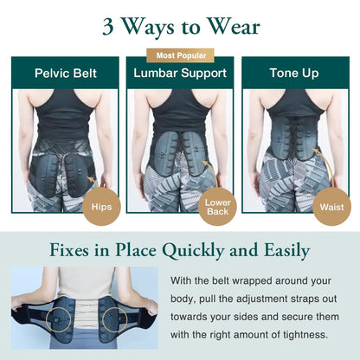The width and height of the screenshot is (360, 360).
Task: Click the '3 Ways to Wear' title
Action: (180, 26)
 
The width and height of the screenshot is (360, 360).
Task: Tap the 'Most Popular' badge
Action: (179, 55)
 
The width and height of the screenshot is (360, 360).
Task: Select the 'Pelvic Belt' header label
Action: (65, 74)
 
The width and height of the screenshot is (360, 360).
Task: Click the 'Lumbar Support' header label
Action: (179, 74)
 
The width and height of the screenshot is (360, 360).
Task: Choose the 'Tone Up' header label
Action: (294, 74)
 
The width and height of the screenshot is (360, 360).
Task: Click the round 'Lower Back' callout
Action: (217, 206)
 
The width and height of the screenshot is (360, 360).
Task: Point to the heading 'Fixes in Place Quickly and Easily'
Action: (180, 251)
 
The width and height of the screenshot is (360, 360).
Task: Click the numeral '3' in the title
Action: (109, 27)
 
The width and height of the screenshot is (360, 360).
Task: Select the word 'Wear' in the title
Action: (235, 26)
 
